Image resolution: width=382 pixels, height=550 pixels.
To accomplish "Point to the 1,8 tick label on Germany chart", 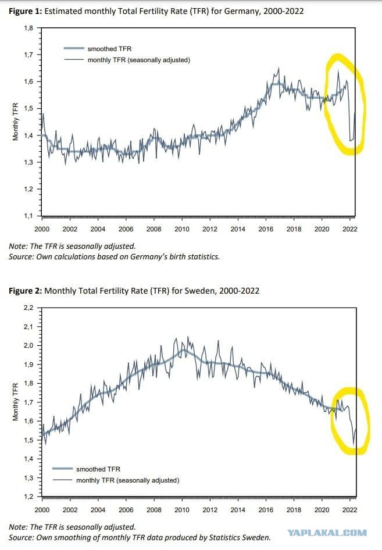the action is tap(28, 28).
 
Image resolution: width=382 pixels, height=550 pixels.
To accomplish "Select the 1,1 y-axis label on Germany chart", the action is tap(28, 216).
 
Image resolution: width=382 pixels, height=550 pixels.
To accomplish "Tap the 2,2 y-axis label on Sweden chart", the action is tap(28, 308).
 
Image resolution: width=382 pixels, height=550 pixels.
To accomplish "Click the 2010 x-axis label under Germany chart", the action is tap(182, 229).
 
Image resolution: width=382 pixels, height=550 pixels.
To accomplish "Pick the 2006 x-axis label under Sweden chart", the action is tap(126, 510).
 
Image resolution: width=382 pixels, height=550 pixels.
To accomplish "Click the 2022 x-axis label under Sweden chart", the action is tap(349, 510).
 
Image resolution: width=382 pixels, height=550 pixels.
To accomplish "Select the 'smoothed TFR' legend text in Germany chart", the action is tap(109, 49).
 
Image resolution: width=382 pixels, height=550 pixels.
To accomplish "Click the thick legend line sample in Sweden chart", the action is tap(63, 469).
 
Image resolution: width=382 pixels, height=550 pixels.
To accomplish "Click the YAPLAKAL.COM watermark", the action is tap(327, 533).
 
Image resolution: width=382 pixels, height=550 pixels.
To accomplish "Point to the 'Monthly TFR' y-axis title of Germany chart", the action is tap(16, 122).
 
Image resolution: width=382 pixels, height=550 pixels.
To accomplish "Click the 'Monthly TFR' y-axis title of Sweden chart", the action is tap(16, 402).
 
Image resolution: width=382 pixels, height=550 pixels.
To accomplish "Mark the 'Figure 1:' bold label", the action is tap(25, 11).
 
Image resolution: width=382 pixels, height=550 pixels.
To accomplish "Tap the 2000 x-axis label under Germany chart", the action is tap(42, 229).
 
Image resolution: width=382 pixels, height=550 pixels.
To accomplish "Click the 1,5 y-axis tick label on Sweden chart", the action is tap(28, 440).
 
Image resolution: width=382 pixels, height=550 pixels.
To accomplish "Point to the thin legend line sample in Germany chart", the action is tap(74, 60).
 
